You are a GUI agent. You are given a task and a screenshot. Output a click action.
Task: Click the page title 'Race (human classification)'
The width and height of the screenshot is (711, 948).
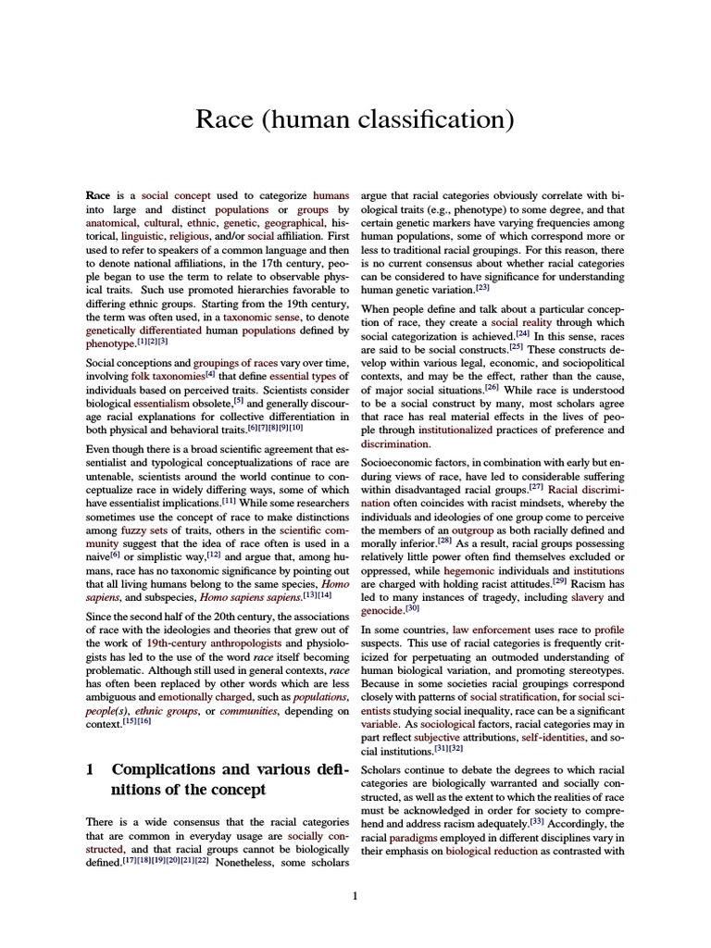[355, 120]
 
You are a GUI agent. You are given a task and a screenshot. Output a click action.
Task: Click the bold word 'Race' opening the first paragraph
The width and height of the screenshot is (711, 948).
[97, 196]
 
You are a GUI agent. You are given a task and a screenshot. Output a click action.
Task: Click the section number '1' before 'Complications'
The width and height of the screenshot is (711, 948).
[91, 769]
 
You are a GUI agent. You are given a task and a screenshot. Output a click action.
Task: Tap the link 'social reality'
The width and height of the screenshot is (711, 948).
[522, 322]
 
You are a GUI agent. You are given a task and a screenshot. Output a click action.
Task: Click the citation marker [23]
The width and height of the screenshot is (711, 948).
[481, 287]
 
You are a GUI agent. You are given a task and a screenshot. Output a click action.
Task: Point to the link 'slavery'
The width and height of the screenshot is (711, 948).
[587, 597]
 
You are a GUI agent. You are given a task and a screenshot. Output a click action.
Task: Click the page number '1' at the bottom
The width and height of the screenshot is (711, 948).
[355, 896]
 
